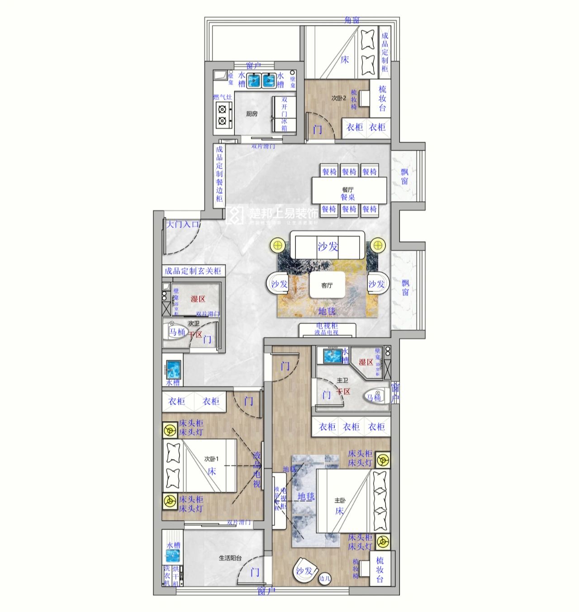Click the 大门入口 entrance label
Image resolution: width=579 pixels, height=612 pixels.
tap(183, 224)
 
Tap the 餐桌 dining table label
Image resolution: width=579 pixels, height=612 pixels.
tap(348, 197)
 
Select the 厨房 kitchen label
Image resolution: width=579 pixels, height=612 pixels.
tap(252, 114)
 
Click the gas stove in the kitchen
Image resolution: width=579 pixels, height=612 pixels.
tap(222, 115)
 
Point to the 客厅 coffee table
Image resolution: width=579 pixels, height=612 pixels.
tap(327, 285)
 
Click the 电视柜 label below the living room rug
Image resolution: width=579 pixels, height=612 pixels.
tap(327, 326)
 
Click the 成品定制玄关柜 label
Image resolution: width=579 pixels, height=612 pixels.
tap(193, 271)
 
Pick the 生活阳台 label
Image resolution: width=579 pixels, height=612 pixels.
tap(230, 558)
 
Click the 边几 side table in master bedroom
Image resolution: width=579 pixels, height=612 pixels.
tap(324, 578)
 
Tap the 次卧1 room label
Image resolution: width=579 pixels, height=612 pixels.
tap(211, 458)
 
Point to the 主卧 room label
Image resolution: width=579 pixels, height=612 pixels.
tap(340, 501)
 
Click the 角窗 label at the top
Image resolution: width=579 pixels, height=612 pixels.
tap(352, 20)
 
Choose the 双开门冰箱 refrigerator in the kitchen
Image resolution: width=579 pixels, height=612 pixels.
tap(284, 113)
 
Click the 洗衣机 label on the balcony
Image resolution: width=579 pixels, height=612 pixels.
tap(167, 576)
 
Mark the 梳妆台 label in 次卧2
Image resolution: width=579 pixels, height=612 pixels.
tap(382, 99)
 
